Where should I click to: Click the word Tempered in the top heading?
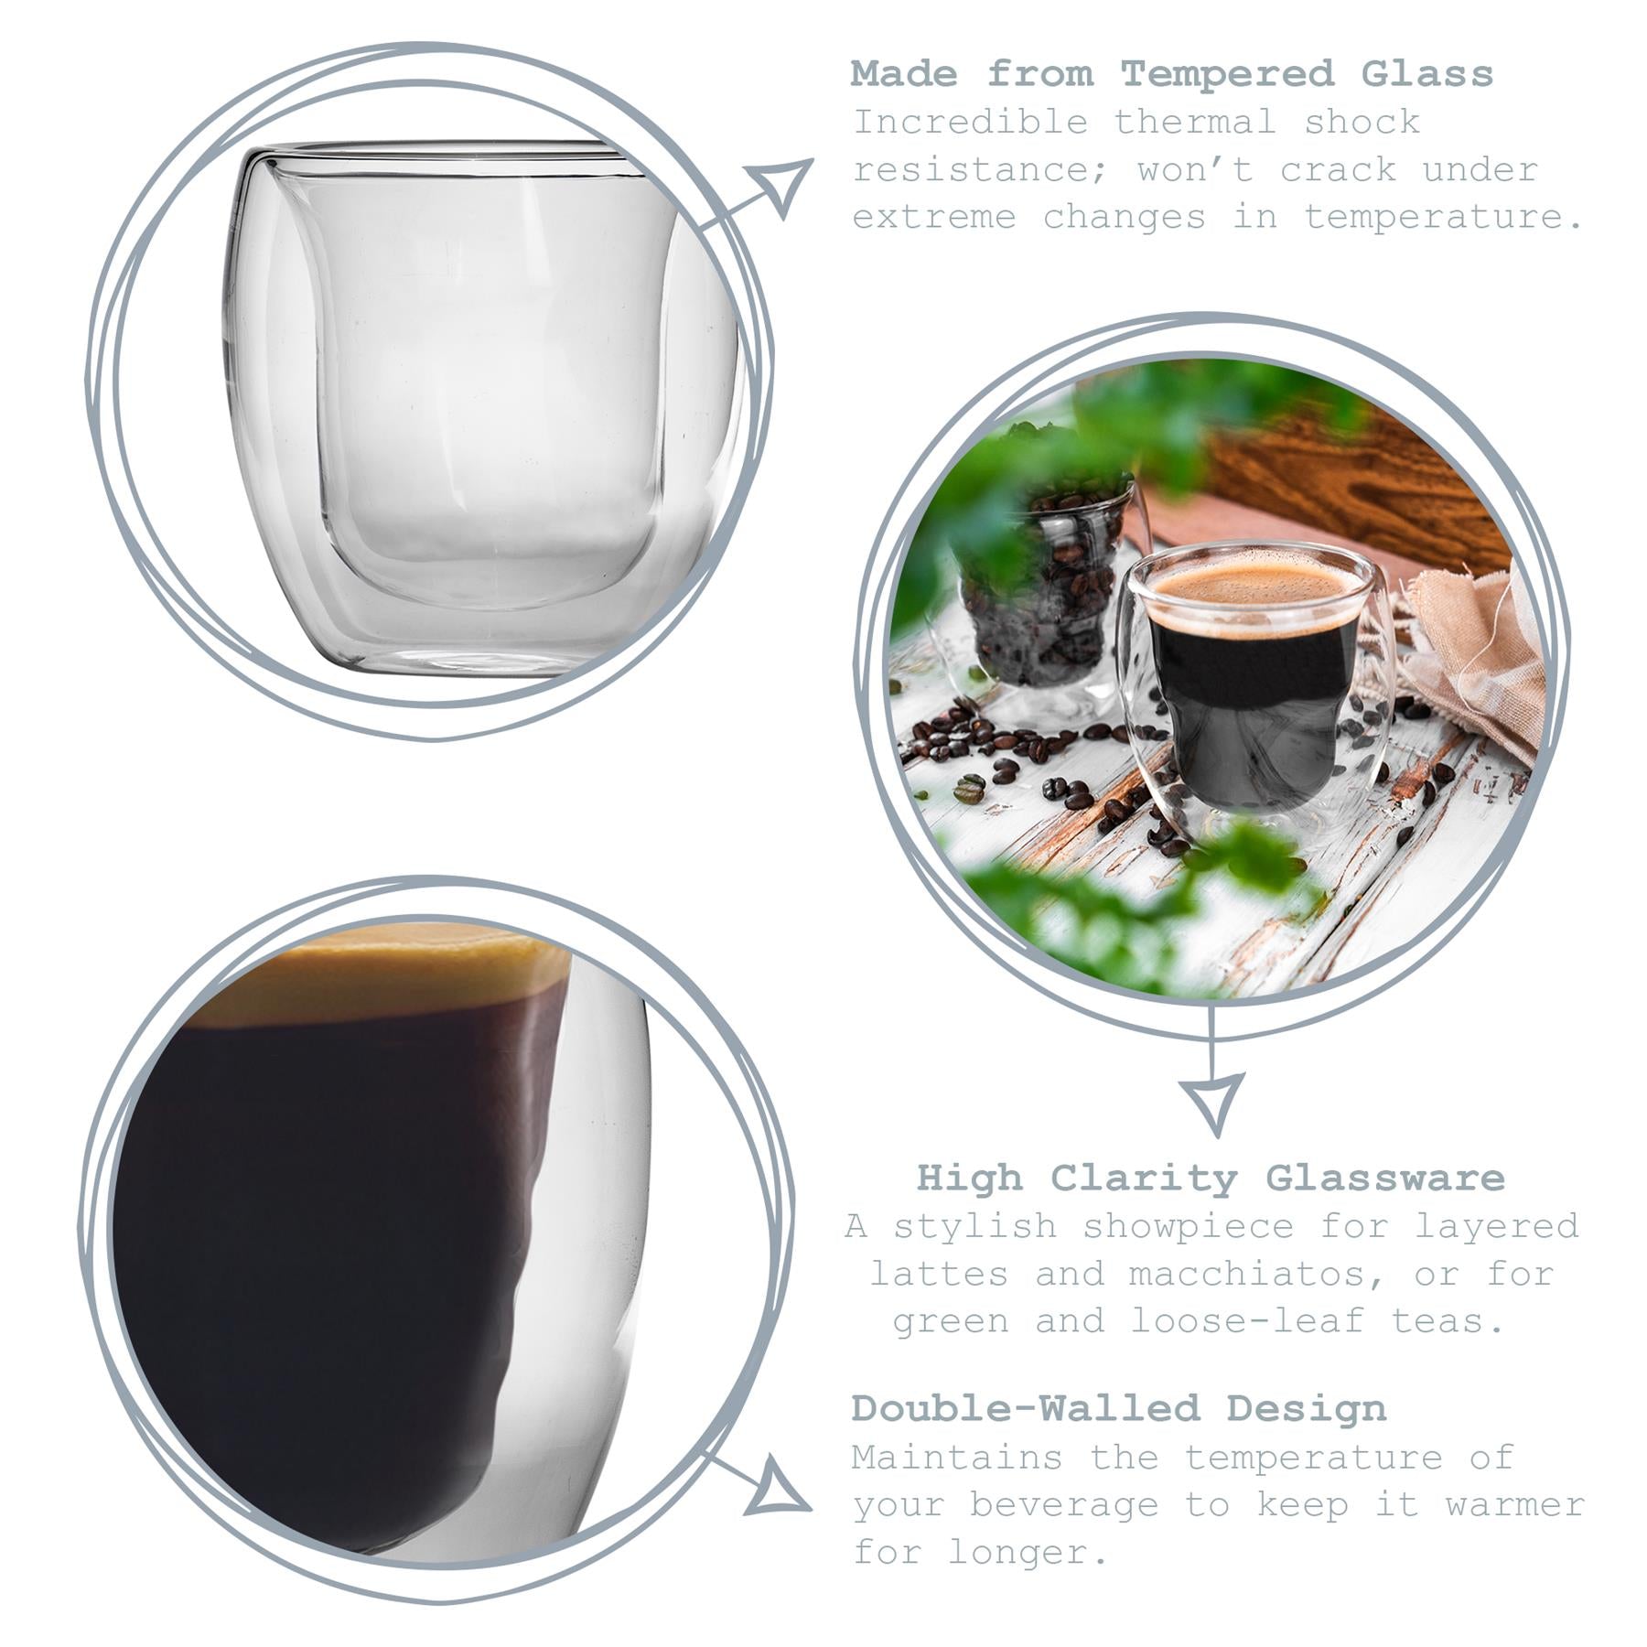(x=1227, y=74)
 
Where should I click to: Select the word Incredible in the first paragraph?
(x=970, y=122)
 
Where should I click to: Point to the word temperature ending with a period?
(x=1444, y=218)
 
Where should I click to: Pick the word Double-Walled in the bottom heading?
(x=1025, y=1408)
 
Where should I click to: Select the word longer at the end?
(x=1028, y=1552)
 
